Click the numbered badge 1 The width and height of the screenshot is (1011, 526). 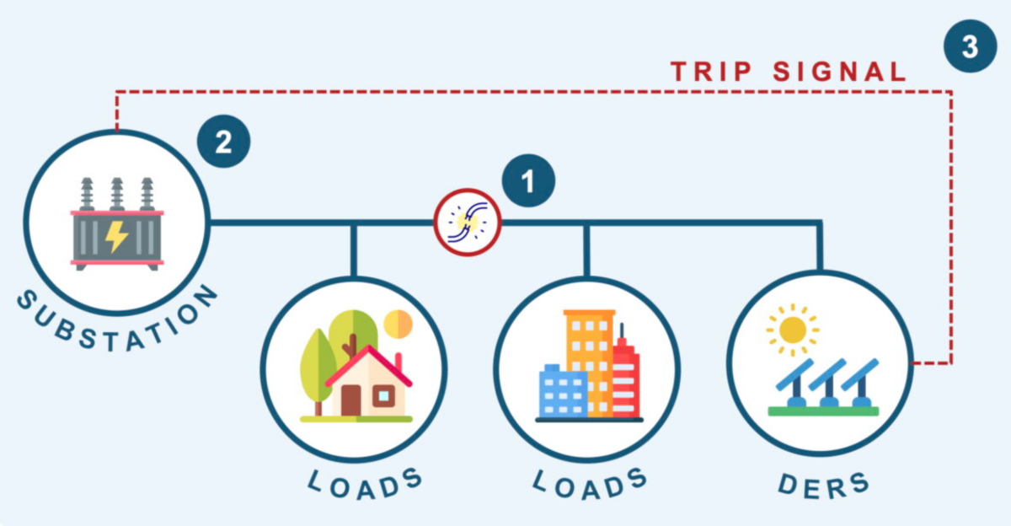[528, 181]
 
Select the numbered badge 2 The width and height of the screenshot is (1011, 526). [223, 142]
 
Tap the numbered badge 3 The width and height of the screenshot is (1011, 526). [970, 46]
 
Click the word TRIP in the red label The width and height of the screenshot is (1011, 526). [710, 72]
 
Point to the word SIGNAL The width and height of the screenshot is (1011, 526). [839, 72]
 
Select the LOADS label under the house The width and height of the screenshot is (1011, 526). [364, 483]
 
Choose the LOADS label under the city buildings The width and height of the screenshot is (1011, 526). [591, 483]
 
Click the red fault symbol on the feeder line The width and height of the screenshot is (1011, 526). [467, 223]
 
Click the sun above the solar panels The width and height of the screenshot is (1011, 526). [792, 329]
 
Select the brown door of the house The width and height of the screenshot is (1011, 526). [350, 400]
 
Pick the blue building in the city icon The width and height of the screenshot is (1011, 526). [561, 392]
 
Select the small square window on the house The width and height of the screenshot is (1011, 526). [383, 394]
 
